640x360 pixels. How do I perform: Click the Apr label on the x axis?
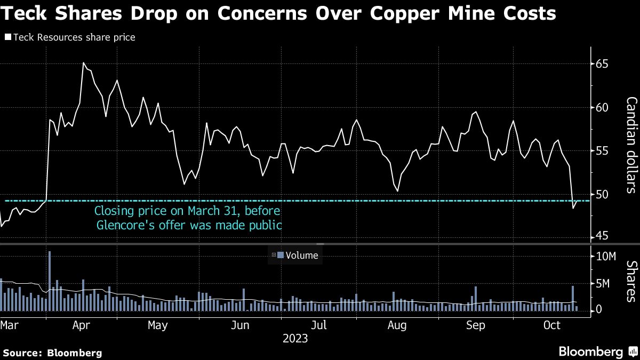click(83, 325)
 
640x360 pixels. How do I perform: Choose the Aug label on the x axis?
click(397, 325)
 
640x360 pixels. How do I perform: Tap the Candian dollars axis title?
click(631, 145)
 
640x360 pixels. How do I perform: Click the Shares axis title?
click(631, 282)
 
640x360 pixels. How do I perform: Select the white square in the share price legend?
click(7, 37)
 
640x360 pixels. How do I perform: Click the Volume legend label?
click(302, 255)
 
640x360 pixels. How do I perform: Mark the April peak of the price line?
click(84, 63)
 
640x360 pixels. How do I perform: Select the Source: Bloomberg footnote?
click(52, 353)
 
